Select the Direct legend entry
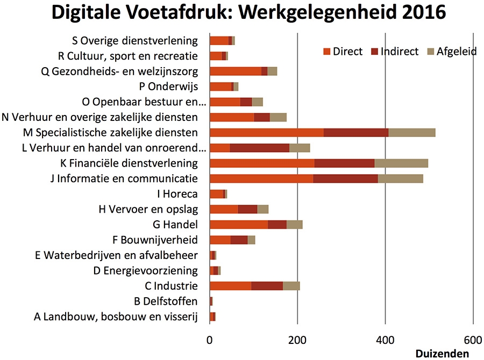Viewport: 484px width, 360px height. click(343, 52)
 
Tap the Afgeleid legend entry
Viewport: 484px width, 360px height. click(451, 52)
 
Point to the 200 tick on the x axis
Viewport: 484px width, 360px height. click(297, 340)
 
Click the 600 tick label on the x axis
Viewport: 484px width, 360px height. click(473, 340)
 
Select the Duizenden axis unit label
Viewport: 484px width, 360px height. click(442, 354)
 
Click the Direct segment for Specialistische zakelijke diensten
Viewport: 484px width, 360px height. click(267, 133)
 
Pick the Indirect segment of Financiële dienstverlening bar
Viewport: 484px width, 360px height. click(344, 163)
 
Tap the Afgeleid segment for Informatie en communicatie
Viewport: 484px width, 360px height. click(400, 178)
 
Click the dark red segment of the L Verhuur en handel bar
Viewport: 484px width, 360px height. click(259, 148)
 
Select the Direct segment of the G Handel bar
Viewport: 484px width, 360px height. click(238, 225)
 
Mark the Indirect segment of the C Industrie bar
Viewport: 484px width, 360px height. click(267, 286)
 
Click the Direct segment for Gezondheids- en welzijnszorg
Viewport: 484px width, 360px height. click(235, 71)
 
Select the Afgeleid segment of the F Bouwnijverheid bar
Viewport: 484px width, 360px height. click(251, 240)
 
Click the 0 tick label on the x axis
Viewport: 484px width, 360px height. click(209, 340)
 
